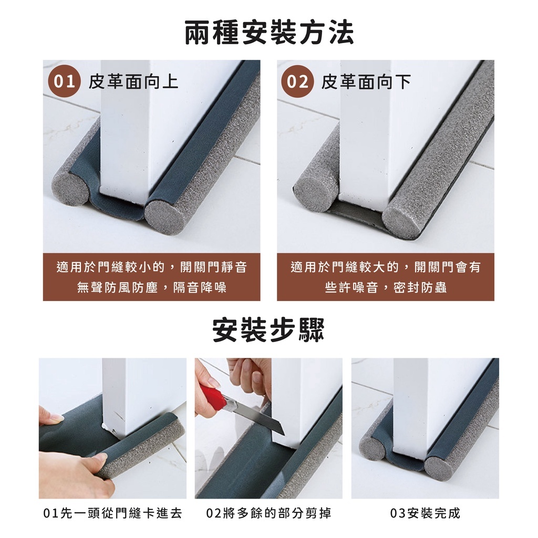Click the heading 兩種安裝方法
pyautogui.click(x=270, y=33)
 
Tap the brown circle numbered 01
pyautogui.click(x=64, y=81)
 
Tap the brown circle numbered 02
pyautogui.click(x=297, y=81)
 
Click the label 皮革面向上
pyautogui.click(x=133, y=81)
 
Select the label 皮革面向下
pyautogui.click(x=366, y=81)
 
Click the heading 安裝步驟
pyautogui.click(x=268, y=330)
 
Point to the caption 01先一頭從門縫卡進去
pyautogui.click(x=112, y=513)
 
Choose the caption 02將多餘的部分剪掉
pyautogui.click(x=268, y=513)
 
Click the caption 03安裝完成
pyautogui.click(x=425, y=513)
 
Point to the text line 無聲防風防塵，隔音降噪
pyautogui.click(x=152, y=287)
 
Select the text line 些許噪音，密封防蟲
pyautogui.click(x=386, y=287)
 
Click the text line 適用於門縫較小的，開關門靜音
pyautogui.click(x=152, y=267)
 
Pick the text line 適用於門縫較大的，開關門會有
pyautogui.click(x=386, y=267)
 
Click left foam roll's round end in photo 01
pyautogui.click(x=70, y=188)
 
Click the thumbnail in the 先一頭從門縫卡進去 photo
pyautogui.click(x=56, y=418)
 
